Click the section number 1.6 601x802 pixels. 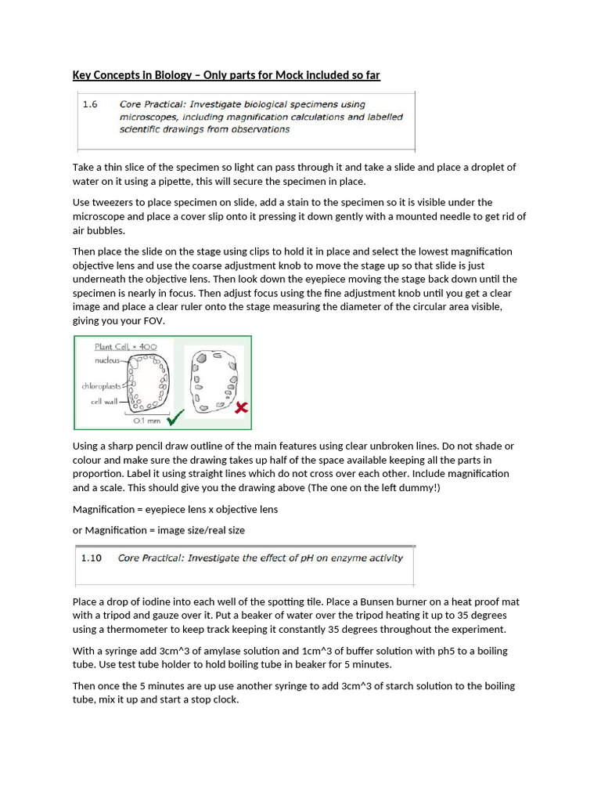pos(90,103)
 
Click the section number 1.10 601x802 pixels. pos(92,558)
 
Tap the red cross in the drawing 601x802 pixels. pos(243,407)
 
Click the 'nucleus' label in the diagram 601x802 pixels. pos(107,360)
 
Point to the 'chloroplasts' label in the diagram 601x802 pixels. pos(100,386)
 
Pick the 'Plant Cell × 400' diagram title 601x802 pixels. pos(125,347)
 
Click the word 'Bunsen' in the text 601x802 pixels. pos(376,601)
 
